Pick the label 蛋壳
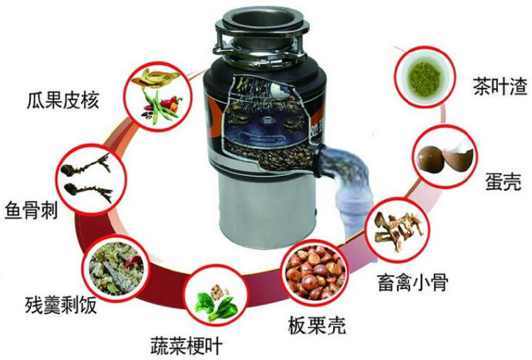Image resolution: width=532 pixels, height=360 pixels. (503, 182)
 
